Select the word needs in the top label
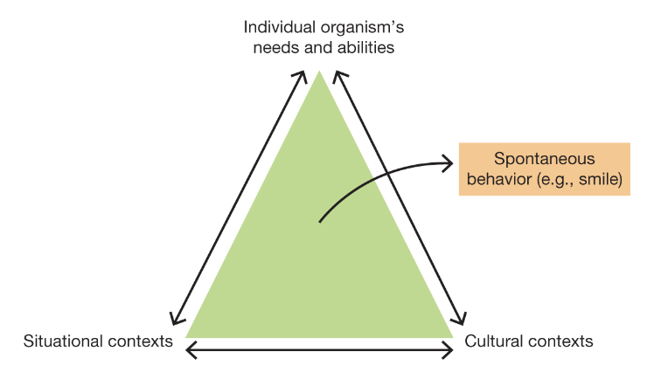click(273, 47)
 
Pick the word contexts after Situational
click(142, 341)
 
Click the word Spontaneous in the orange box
click(544, 160)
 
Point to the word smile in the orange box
click(599, 181)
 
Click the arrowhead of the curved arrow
click(449, 162)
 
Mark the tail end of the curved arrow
click(319, 222)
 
